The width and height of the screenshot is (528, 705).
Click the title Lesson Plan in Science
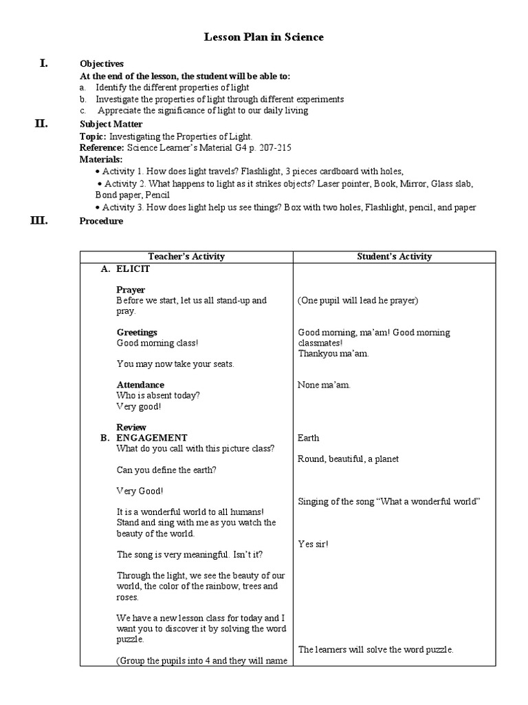tap(264, 37)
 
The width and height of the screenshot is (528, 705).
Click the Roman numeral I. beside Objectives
tap(44, 63)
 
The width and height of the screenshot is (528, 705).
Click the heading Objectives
tap(102, 64)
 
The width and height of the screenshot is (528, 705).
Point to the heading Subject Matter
tap(111, 125)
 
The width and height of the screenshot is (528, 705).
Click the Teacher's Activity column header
tap(186, 257)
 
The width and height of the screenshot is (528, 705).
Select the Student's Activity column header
tap(395, 257)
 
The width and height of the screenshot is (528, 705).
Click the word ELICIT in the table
tap(133, 269)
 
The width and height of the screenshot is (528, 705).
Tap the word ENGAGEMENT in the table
tap(151, 438)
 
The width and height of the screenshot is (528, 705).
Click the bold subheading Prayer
tap(131, 290)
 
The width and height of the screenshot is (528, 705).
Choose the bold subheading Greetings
tap(137, 333)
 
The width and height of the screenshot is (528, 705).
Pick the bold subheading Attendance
tap(140, 385)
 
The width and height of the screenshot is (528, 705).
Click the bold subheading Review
tap(131, 428)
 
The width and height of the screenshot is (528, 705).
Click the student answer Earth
tap(308, 438)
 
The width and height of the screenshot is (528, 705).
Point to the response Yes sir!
tap(313, 544)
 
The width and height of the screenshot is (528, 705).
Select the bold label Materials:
tap(100, 159)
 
